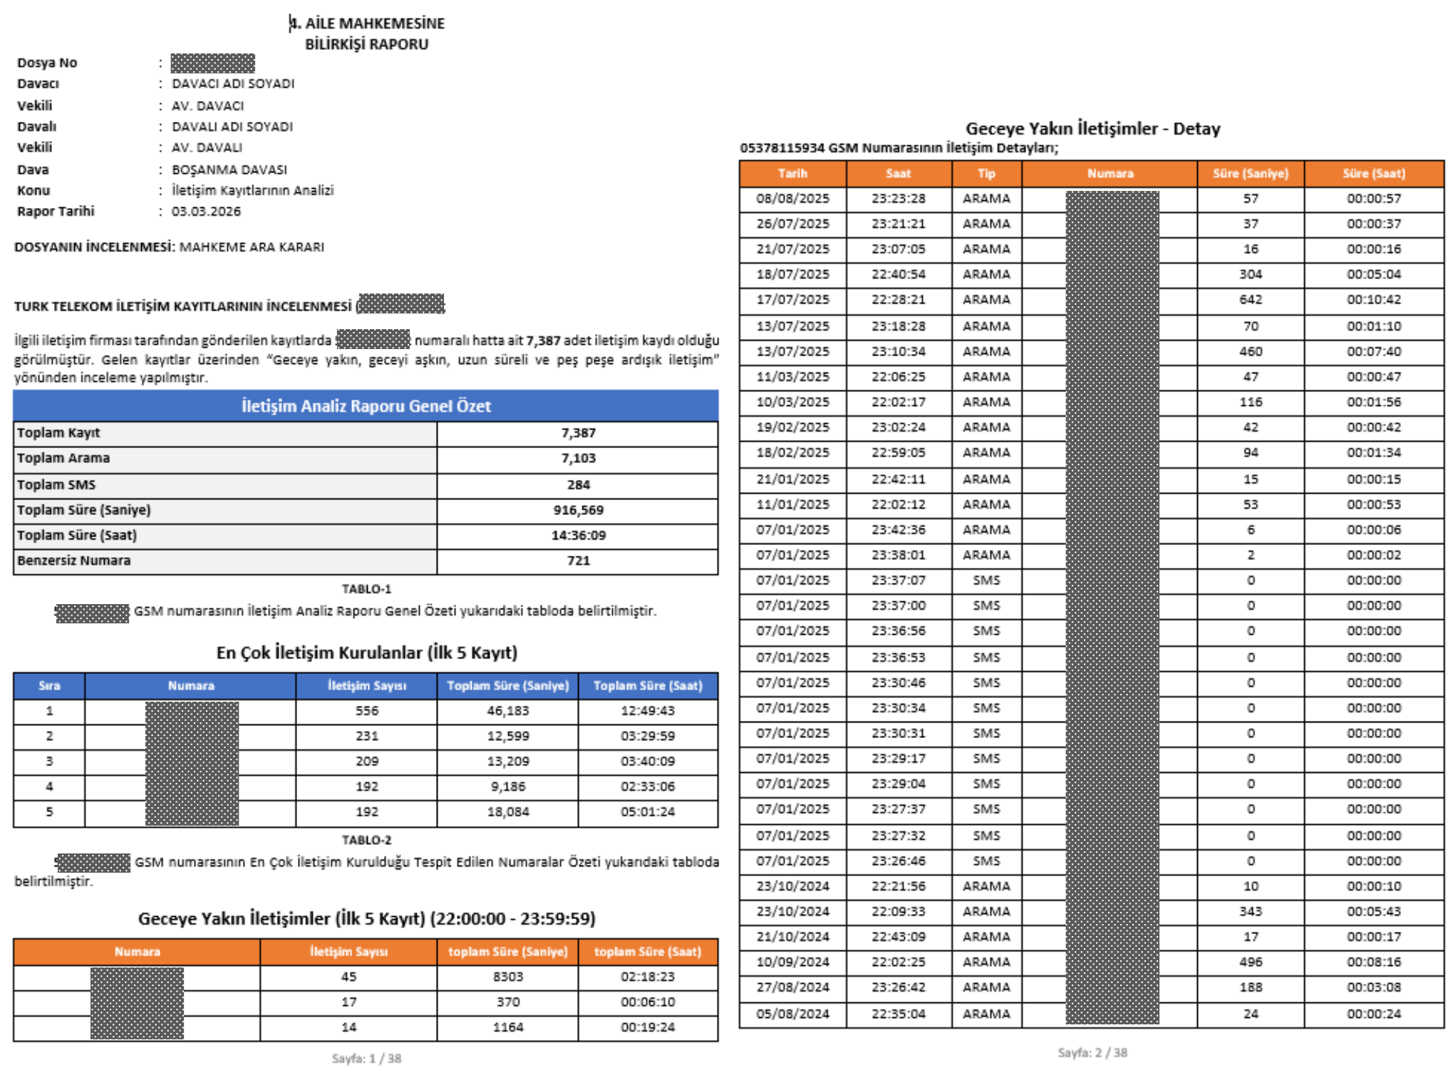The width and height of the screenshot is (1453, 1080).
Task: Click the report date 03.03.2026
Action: (x=206, y=212)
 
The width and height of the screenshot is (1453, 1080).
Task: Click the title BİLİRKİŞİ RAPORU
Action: (x=366, y=44)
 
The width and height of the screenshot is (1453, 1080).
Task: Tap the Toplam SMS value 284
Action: (x=578, y=484)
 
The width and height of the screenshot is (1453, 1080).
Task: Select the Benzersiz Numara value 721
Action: (x=578, y=561)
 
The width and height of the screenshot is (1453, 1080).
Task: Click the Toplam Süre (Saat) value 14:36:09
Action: (x=578, y=535)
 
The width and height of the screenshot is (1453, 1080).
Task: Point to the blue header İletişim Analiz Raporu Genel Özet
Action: (x=366, y=406)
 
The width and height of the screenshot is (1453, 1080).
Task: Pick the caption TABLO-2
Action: (x=366, y=840)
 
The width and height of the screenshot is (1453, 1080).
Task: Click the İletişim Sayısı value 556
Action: (x=367, y=711)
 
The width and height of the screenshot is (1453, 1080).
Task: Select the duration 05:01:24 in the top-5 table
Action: (x=647, y=811)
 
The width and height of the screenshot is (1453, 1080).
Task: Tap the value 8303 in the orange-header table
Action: (x=507, y=977)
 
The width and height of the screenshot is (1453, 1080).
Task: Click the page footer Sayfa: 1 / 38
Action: (x=366, y=1059)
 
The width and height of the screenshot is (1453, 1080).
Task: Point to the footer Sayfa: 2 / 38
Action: (x=1092, y=1052)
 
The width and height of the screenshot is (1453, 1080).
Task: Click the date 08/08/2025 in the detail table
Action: (x=792, y=199)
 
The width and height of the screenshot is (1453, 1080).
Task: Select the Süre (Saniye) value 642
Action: (x=1250, y=300)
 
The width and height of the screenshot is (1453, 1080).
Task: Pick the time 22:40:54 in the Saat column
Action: (x=898, y=274)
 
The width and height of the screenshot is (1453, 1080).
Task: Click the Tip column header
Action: (x=986, y=173)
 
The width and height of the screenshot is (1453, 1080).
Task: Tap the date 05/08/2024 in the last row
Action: (x=792, y=1014)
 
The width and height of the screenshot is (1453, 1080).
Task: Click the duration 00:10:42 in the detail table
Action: (x=1373, y=300)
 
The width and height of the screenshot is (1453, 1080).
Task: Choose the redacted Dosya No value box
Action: (x=212, y=63)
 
